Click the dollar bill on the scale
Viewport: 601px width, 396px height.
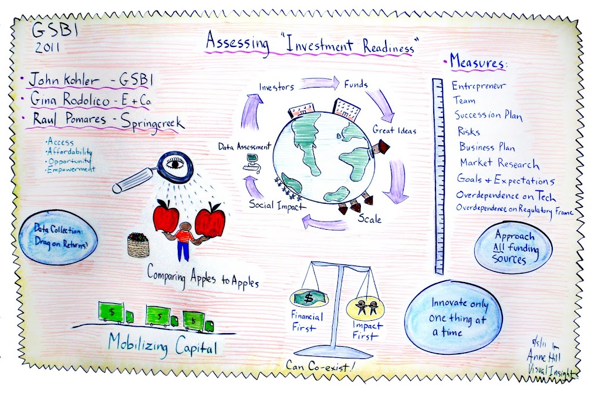(309, 298)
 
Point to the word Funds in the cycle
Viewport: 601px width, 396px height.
(356, 84)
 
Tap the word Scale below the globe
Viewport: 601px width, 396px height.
(369, 220)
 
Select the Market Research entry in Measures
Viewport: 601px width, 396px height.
(499, 163)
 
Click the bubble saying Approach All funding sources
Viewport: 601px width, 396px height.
(515, 247)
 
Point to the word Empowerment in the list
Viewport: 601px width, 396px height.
(71, 169)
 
